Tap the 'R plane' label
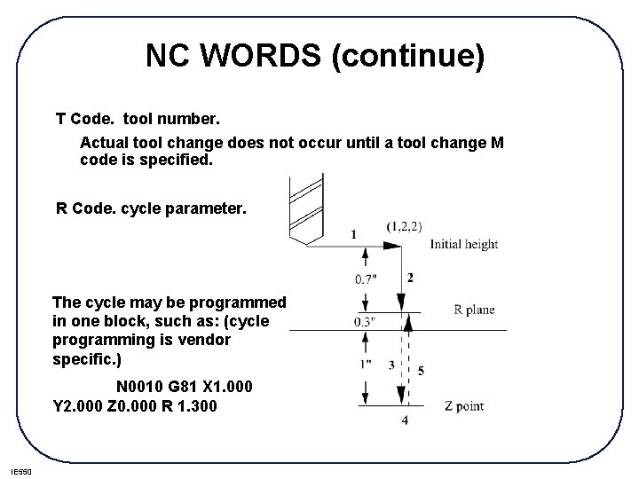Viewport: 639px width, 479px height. coord(474,310)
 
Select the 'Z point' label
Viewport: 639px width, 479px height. coord(463,406)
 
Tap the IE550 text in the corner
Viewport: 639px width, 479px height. coord(20,470)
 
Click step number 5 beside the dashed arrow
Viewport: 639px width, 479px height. coord(420,371)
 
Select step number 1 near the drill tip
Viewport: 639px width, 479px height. coord(355,234)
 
